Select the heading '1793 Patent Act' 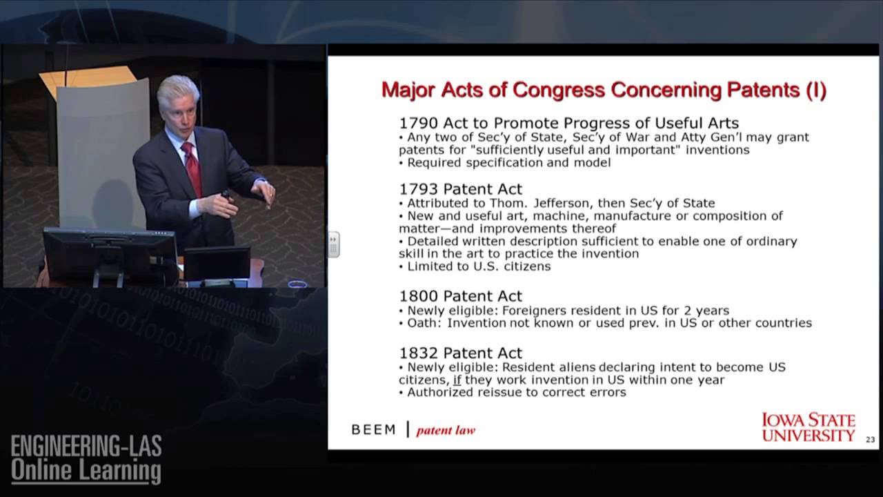coord(461,189)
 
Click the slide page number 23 coord(870,440)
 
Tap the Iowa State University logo coord(808,427)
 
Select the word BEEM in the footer coord(374,430)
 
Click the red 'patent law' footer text coord(446,431)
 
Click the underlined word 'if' coord(457,380)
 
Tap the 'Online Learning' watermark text coord(86,471)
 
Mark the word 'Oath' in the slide coord(422,323)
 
